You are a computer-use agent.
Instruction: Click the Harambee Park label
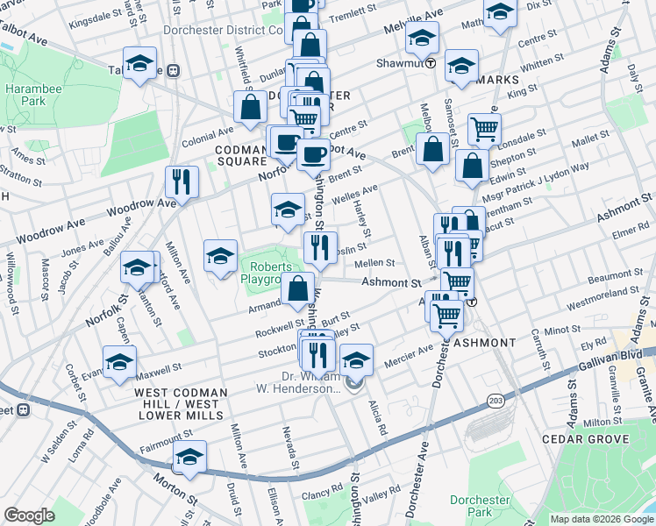click(25, 96)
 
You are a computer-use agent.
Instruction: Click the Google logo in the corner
click(29, 515)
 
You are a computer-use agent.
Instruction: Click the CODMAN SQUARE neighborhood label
click(241, 155)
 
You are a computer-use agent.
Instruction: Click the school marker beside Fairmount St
click(189, 457)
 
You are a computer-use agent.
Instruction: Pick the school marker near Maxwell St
click(120, 360)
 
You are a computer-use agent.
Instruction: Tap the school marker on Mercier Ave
click(356, 359)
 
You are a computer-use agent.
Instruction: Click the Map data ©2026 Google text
click(600, 519)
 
